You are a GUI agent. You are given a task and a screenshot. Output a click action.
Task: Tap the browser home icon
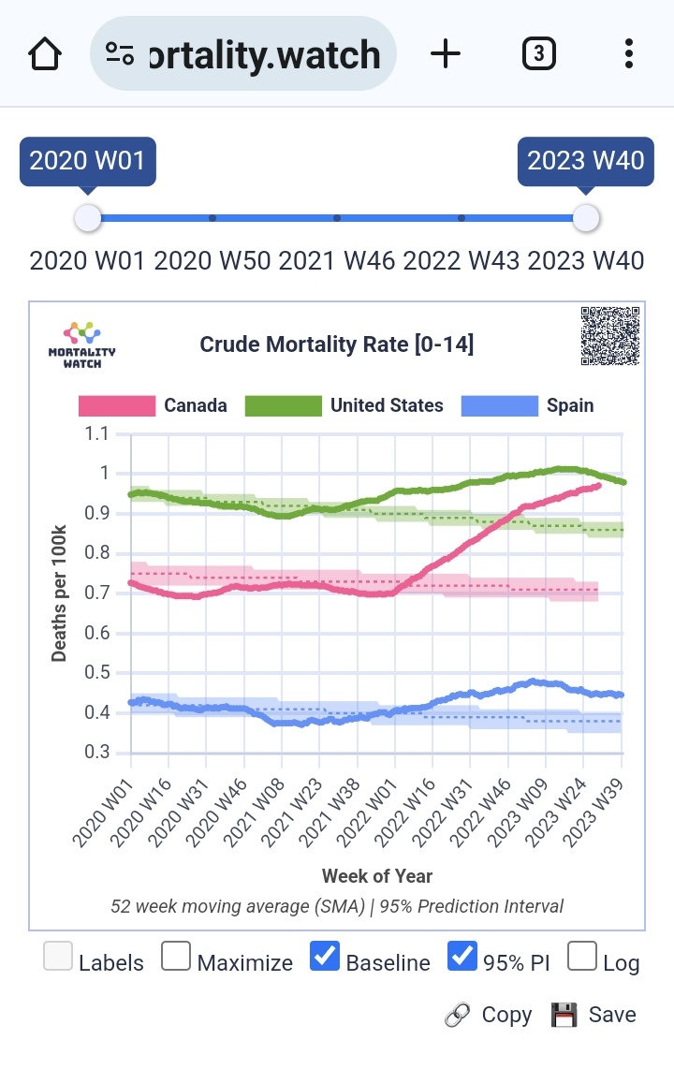tap(45, 54)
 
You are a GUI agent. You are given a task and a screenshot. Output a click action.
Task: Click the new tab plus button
tap(446, 54)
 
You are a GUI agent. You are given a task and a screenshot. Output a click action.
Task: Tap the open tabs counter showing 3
tap(538, 54)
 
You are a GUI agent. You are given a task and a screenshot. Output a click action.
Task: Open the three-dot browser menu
tap(629, 54)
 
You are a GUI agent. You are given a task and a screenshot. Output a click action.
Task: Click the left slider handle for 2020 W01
tap(87, 218)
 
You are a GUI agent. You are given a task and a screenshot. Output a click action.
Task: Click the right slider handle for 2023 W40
tap(586, 218)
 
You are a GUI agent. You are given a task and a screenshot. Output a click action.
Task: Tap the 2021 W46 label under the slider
tap(337, 260)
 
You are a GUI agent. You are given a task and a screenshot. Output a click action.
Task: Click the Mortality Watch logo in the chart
tap(81, 344)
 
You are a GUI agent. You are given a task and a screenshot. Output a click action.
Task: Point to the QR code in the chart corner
tap(610, 335)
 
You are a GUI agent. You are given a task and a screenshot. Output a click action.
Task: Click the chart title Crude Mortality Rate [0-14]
tap(337, 344)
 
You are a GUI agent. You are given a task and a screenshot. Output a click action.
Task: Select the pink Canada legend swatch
tap(116, 405)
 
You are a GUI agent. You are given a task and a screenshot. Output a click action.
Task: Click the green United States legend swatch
tap(283, 405)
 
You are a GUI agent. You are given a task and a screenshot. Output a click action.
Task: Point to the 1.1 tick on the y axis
tap(96, 434)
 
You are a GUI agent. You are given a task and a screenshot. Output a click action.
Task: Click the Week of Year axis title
tap(377, 876)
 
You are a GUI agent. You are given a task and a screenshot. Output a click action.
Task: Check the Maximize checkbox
tap(176, 957)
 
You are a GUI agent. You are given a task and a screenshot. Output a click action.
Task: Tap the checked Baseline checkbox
tap(324, 957)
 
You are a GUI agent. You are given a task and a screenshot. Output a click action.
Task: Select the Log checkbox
tap(582, 957)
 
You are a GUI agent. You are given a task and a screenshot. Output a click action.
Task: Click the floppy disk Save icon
tap(563, 1015)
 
